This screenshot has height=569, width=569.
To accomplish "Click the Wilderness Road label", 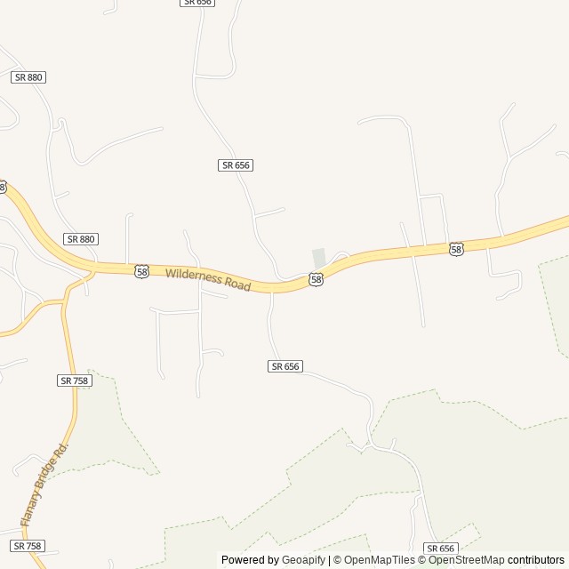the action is click(x=208, y=279).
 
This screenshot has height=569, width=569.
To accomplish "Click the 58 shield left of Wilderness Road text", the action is click(x=142, y=271).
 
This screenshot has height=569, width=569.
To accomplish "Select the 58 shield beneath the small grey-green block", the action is click(x=317, y=279).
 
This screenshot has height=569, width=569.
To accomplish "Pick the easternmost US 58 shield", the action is click(x=456, y=250).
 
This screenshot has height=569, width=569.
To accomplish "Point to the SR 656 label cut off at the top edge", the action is click(x=197, y=3).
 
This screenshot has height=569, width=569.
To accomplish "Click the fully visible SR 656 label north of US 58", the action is click(x=236, y=165).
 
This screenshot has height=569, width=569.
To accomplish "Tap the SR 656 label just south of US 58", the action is click(x=285, y=366).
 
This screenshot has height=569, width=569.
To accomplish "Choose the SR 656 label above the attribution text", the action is click(x=440, y=549).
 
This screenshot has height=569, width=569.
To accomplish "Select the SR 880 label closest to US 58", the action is click(x=81, y=239).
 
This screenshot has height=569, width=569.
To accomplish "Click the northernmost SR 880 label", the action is click(x=28, y=77).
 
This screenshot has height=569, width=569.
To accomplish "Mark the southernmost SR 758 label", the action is click(x=28, y=545).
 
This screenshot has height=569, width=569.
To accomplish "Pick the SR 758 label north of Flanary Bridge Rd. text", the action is click(x=75, y=381).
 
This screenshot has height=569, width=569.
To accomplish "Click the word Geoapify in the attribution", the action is click(x=303, y=560).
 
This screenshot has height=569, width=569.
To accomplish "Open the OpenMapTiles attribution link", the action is click(x=380, y=560).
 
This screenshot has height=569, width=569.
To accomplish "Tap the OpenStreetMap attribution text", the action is click(x=467, y=560).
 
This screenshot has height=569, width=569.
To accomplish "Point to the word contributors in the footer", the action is click(x=536, y=560).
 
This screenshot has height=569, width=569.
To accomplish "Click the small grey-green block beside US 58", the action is click(x=318, y=257).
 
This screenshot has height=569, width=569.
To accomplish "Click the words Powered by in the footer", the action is click(x=250, y=560).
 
